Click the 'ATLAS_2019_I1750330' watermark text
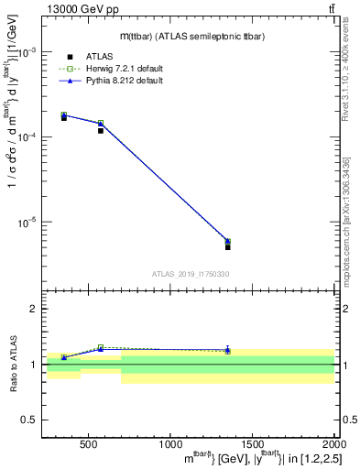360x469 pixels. [190, 274]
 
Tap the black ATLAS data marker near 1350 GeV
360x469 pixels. [227, 247]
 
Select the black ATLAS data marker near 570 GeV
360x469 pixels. [101, 131]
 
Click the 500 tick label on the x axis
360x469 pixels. [89, 444]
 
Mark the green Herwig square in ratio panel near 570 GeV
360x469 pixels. [101, 347]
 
